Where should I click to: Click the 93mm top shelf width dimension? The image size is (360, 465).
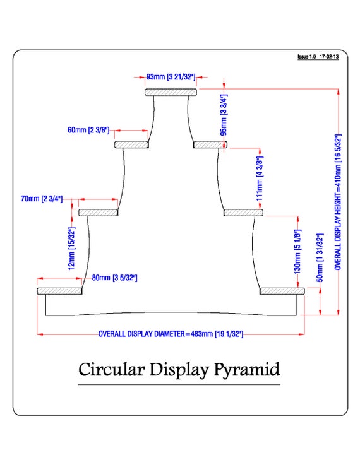point(171,77)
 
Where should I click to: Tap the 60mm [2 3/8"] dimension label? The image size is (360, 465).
point(88,130)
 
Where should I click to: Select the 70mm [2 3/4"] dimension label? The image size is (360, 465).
point(42,198)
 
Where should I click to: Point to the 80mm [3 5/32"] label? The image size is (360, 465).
point(114,278)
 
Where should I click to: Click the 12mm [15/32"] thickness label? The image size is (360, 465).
point(72,249)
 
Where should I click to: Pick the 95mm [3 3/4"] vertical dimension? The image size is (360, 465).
point(224,115)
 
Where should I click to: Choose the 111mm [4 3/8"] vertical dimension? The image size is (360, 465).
point(260,179)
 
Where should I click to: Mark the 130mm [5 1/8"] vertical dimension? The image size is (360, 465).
point(297,252)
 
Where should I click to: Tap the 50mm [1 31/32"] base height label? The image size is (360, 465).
point(320,257)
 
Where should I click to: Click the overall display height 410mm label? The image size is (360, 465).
point(338,203)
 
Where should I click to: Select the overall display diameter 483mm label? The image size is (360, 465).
point(171,334)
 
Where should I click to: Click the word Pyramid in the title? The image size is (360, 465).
point(246,370)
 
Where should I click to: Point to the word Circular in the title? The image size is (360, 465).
point(112,370)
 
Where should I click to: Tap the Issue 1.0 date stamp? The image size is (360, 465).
point(318,57)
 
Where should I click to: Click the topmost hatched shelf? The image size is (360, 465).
point(171,92)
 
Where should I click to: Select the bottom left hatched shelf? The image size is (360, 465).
point(59,291)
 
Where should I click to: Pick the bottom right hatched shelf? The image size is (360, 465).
point(282,291)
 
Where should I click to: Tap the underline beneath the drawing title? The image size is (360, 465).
point(179,385)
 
